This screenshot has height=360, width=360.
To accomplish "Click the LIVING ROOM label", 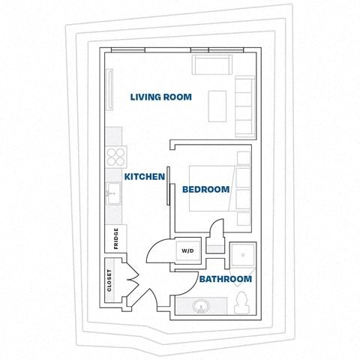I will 160,97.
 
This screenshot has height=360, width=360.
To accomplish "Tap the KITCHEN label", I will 144,176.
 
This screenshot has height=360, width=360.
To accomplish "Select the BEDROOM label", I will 205,190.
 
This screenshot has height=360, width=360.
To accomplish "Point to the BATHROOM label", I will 224,279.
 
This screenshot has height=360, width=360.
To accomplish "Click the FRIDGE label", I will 115,238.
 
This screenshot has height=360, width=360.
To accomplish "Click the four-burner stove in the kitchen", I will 115,156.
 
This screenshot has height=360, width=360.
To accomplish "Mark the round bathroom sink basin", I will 201,307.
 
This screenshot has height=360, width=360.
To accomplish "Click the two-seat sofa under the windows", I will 213,64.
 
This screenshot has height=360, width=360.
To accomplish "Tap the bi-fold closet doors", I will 133,284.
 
